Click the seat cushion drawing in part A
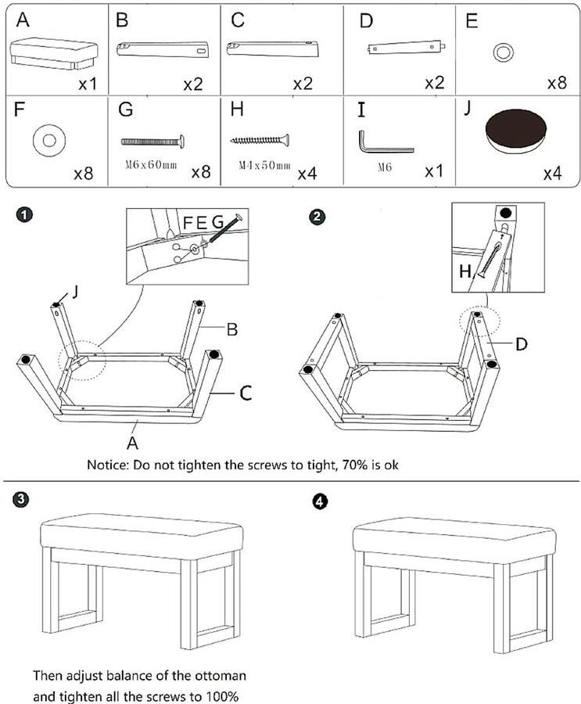click(54, 54)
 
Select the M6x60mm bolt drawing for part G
click(153, 141)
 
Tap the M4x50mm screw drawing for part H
click(260, 140)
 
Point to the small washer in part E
click(501, 53)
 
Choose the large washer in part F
click(48, 141)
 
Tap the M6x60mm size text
click(151, 166)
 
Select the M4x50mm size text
click(264, 166)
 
